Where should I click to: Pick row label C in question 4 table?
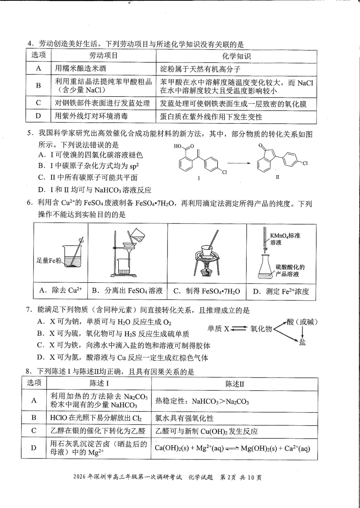[38, 103]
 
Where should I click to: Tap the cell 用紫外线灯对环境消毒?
[91, 116]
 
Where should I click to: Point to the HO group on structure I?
[178, 146]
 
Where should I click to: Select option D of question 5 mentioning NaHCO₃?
[95, 190]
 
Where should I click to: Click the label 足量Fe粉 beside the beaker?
[49, 260]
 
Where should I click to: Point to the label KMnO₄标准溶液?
[285, 239]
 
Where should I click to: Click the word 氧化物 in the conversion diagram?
[261, 329]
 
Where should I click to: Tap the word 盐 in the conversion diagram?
[302, 343]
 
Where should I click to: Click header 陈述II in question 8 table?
[235, 384]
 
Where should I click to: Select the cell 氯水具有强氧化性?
[185, 418]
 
